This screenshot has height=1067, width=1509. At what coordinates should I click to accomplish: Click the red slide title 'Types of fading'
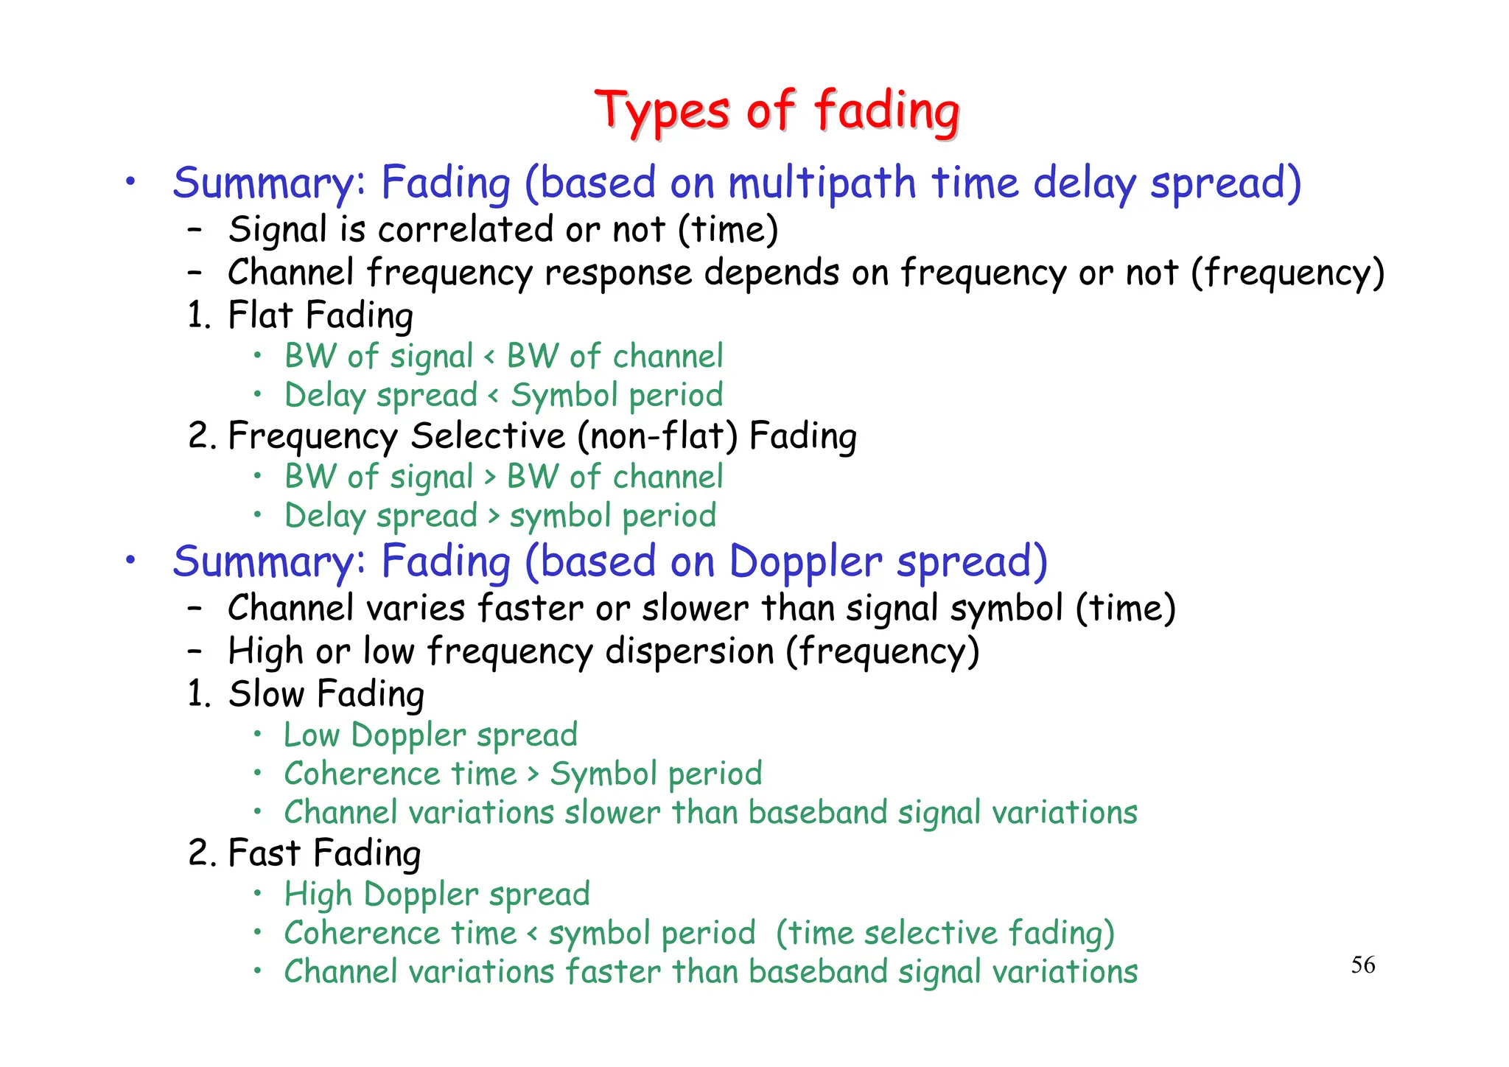click(777, 111)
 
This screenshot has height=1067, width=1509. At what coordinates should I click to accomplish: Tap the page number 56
click(1362, 965)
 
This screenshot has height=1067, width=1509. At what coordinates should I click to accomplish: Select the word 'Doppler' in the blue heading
click(805, 562)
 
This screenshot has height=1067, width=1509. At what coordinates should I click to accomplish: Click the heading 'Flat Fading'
click(321, 315)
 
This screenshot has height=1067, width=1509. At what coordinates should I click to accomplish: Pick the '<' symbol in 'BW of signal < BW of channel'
click(489, 357)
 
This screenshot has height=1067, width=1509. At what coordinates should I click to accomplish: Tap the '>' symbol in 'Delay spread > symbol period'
click(494, 517)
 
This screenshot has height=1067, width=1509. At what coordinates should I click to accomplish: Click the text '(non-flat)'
click(657, 435)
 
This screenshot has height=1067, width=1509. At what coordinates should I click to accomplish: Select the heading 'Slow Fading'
click(326, 694)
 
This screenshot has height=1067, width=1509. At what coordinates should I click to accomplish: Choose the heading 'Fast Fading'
click(324, 853)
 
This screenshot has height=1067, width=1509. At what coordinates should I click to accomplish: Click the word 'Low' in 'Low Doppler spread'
click(312, 735)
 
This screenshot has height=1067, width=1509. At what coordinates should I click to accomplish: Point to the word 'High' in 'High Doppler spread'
click(318, 895)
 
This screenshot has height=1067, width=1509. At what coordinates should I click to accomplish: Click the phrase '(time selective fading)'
click(945, 934)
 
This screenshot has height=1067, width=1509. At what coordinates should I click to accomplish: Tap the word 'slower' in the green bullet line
click(612, 813)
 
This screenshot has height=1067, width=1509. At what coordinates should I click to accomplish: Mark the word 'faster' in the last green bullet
click(612, 972)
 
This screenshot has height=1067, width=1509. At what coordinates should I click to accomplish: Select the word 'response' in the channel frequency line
click(618, 273)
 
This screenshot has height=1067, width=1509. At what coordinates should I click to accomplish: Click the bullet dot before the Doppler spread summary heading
click(130, 561)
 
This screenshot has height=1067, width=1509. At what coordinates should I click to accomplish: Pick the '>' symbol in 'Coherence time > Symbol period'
click(533, 774)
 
